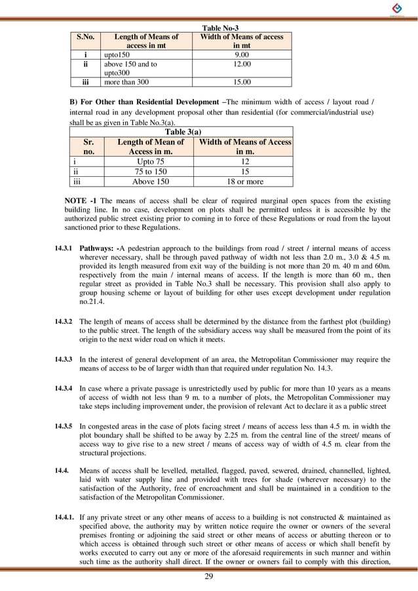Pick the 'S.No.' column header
tap(85, 37)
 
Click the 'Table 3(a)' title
tap(181, 132)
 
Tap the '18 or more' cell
tap(245, 181)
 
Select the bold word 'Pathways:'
tap(98, 249)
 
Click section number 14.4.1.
tap(65, 518)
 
